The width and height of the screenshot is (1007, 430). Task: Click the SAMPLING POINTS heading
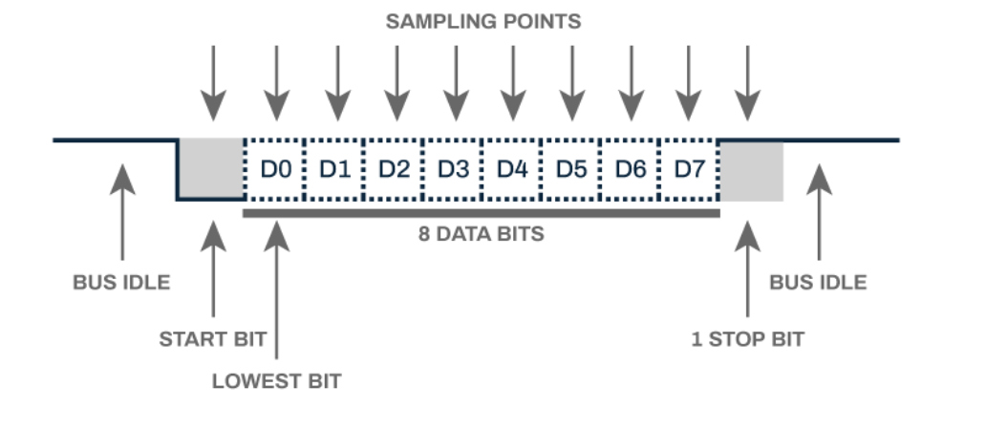click(482, 21)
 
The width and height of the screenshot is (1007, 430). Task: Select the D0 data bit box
click(274, 169)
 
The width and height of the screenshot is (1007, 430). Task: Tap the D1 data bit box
click(333, 169)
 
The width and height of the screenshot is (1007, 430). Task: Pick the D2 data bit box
click(393, 169)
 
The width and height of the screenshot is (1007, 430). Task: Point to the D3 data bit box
click(452, 169)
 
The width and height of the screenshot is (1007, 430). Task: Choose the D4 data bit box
click(511, 169)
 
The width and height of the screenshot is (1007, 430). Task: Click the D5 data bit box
click(570, 169)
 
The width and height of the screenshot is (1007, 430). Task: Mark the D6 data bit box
click(630, 169)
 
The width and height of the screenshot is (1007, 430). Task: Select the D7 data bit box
click(689, 169)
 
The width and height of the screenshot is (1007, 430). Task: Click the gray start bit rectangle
click(211, 169)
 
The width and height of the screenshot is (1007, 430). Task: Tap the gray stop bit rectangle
click(751, 170)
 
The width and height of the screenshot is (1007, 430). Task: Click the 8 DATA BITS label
click(481, 234)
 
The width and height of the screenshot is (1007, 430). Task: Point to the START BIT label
click(212, 338)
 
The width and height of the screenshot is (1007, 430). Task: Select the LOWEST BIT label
click(276, 381)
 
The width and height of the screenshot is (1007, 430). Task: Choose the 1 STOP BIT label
click(748, 338)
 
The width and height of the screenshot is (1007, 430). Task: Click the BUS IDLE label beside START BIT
click(121, 283)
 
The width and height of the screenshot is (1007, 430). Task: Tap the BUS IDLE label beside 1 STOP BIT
click(818, 283)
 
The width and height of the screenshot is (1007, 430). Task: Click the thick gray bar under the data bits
click(481, 213)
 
